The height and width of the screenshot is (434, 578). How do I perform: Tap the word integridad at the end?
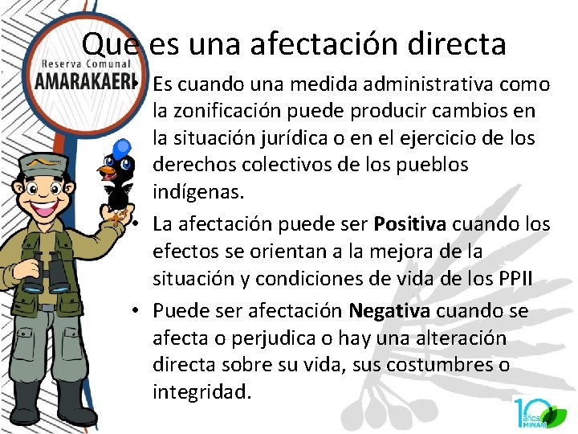(201, 392)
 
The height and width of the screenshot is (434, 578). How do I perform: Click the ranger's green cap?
(45, 165)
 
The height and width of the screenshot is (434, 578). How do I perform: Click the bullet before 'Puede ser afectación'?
(140, 311)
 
